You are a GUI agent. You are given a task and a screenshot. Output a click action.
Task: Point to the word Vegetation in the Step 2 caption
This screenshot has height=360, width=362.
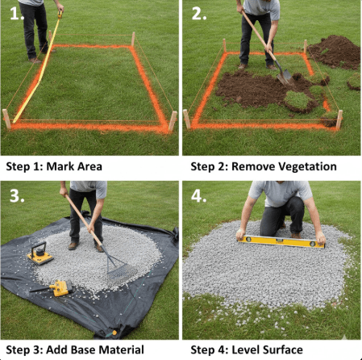click(x=306, y=167)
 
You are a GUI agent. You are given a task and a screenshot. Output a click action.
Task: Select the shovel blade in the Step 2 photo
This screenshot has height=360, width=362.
click(x=285, y=76)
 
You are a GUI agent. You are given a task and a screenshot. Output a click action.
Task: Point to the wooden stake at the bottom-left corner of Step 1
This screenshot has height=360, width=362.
click(x=6, y=119)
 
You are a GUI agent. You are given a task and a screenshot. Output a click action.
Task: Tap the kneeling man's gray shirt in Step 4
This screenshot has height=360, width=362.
click(x=278, y=192)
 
